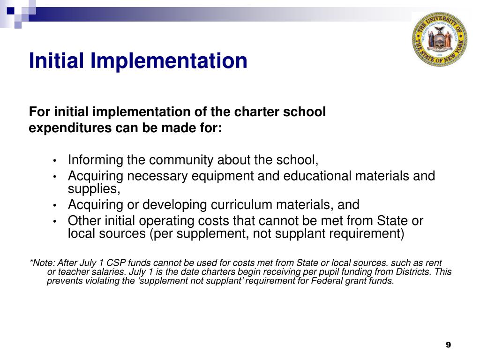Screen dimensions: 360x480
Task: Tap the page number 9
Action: (x=448, y=345)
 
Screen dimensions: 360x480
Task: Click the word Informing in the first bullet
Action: (x=96, y=160)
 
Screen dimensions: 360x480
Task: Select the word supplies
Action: (x=92, y=188)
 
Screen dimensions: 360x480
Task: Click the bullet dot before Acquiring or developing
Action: (x=55, y=206)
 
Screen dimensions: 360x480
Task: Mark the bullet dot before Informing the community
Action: (x=55, y=161)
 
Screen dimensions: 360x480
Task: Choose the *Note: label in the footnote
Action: (x=42, y=263)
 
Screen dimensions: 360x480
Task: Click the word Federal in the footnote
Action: (x=327, y=281)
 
